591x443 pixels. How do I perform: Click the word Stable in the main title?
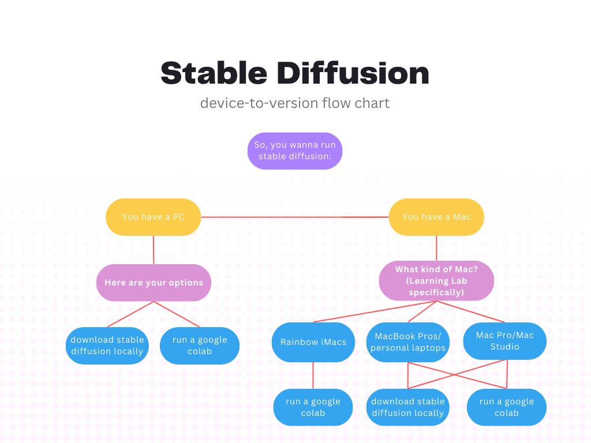pos(213,73)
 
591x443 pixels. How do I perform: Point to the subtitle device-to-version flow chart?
pos(295,103)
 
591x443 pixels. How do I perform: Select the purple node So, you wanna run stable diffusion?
pos(295,151)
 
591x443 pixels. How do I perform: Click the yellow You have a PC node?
pos(153,217)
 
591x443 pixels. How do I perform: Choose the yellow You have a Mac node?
pos(436,217)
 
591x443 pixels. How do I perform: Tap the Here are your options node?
pos(154,283)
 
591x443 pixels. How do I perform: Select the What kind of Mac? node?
pos(436,281)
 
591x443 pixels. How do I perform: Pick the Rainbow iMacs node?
pos(313,342)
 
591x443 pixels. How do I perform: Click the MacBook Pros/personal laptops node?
pos(408,342)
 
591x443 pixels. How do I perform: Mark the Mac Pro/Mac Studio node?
pos(505,341)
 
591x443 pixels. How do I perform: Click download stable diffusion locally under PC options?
pos(107,346)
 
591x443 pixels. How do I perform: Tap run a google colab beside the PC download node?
pos(200,346)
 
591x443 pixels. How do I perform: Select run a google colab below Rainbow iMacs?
pos(313,407)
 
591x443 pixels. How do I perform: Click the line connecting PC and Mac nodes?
pos(294,217)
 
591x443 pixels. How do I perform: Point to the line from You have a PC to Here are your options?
pos(154,250)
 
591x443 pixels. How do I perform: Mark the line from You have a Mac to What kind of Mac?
pos(436,248)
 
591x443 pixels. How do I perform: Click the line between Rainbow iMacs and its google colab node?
pos(313,376)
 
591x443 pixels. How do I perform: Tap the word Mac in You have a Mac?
pos(462,217)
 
